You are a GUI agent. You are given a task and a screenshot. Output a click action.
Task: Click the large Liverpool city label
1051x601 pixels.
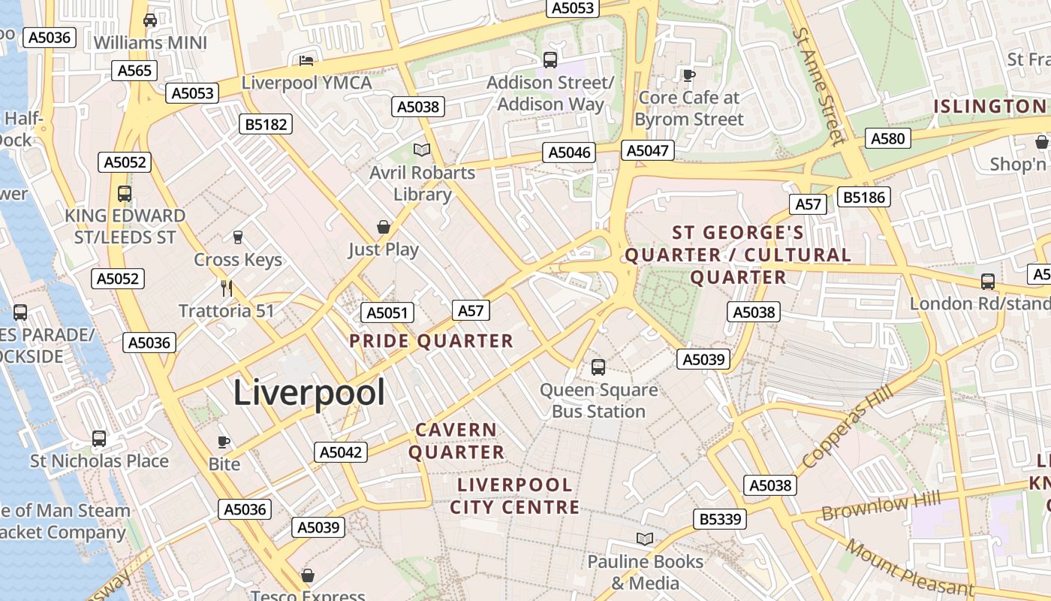pos(309,393)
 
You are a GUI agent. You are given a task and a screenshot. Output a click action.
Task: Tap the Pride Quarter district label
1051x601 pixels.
pos(431,341)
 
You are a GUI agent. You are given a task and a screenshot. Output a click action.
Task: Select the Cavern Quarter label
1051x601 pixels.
pos(456,441)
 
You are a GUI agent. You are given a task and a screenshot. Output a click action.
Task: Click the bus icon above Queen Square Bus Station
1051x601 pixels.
pos(598,367)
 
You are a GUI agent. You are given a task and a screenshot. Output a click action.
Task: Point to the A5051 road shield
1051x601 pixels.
pos(387,313)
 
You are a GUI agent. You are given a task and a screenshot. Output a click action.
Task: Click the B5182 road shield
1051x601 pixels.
pos(267,124)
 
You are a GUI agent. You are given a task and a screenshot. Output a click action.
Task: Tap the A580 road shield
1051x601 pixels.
pos(888,138)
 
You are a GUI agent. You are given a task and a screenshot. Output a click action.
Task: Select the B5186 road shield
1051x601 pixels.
pos(865,197)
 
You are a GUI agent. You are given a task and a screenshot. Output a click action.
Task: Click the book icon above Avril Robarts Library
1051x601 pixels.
pos(423,150)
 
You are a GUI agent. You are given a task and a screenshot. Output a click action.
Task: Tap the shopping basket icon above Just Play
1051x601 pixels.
pos(384,227)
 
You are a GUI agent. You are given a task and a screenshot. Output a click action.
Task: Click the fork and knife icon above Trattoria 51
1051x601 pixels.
pos(227,288)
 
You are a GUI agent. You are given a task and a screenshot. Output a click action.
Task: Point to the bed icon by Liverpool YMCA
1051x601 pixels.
pos(306,60)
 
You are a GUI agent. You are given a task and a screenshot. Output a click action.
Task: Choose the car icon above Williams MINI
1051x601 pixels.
pos(150,20)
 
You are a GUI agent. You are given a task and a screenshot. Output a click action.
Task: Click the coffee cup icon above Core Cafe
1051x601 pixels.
pos(688,74)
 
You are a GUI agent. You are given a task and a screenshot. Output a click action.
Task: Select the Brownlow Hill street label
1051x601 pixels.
pos(875,507)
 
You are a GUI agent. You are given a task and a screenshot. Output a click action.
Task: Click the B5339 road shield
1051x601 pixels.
pos(719,518)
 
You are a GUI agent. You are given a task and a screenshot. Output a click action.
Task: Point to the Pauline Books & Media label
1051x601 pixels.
pos(645,572)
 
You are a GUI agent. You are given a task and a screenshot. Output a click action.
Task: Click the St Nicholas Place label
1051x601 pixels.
pos(99,461)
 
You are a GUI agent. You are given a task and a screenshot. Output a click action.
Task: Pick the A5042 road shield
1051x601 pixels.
pos(341,452)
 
